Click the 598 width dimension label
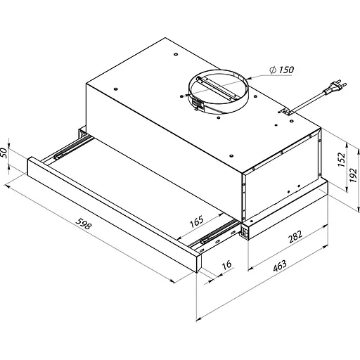tap(84, 224)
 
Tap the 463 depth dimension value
tap(280, 266)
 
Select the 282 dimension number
tap(295, 237)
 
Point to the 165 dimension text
tap(196, 221)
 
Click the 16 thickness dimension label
tap(226, 265)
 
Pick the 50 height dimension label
tap(4, 153)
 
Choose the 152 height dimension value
tap(342, 160)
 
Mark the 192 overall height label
tap(353, 175)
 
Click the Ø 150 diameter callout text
tap(281, 70)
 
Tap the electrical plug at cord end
tap(335, 87)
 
